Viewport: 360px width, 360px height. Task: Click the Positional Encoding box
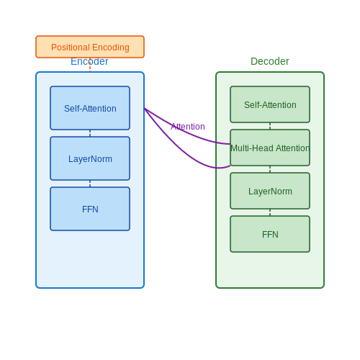pos(90,47)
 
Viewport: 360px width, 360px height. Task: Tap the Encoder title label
pos(89,61)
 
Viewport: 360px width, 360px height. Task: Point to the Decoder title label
pos(270,61)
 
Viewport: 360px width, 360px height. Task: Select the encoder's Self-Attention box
pos(90,108)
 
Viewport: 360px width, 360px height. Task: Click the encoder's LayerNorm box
pos(90,158)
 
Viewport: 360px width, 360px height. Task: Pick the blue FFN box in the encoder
pos(90,209)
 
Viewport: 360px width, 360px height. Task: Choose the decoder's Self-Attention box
pos(270,104)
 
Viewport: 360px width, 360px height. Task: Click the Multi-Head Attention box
pos(270,148)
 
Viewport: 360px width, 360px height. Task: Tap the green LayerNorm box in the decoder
pos(270,191)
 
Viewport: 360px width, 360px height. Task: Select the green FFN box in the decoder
pos(270,234)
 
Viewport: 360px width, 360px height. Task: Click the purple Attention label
pos(188,127)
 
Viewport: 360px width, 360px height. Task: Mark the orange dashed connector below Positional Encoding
pos(90,65)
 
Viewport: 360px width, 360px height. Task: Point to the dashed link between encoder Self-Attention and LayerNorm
pos(90,133)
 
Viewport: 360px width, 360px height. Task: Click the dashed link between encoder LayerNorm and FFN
pos(90,184)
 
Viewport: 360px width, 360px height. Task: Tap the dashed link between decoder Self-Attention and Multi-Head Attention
pos(270,126)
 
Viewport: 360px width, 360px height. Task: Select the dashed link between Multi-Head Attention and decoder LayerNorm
pos(270,169)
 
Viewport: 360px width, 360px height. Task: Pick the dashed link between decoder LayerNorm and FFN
pos(270,212)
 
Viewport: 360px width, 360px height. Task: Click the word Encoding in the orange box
pos(111,48)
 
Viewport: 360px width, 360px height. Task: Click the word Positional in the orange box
pos(71,48)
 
